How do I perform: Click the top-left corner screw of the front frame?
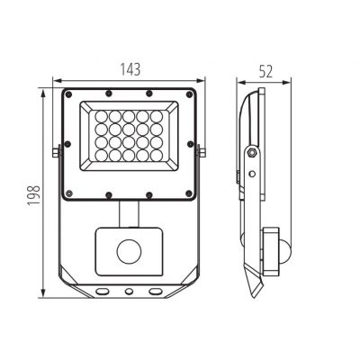point(68,92)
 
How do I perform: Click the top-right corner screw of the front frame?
point(191,92)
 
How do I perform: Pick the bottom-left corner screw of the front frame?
point(68,193)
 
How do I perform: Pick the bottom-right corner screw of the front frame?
point(191,193)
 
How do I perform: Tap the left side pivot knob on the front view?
point(58,152)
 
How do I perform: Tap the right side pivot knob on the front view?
point(202,152)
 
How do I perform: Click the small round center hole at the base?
point(130,292)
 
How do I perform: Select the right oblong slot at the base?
point(156,292)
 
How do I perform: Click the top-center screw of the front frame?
point(130,92)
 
